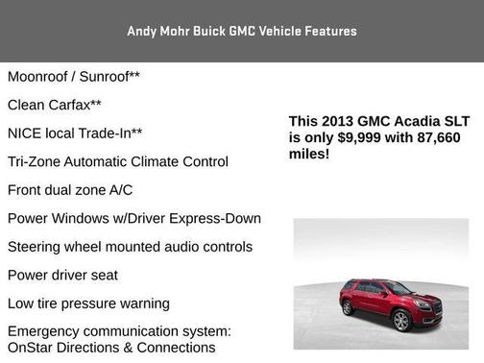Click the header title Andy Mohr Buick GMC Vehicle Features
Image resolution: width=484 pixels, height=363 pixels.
242,31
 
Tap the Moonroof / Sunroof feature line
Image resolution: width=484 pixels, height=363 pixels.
75,76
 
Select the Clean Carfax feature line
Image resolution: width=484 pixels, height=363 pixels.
55,104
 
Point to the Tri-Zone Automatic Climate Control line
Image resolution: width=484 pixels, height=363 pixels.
117,161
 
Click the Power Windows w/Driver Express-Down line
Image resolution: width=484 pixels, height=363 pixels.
133,218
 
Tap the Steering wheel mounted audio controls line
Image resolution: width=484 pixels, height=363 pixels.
130,247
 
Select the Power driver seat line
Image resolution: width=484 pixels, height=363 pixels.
62,275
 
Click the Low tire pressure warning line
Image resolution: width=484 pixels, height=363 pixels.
88,303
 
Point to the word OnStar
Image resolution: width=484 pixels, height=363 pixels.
32,347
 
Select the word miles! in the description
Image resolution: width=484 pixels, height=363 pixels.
309,153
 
